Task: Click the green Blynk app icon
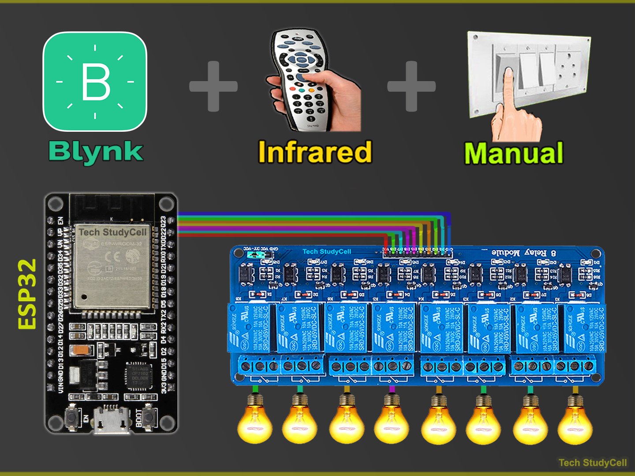[x=95, y=82]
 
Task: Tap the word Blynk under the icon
[x=96, y=152]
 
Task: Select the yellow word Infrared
[x=315, y=152]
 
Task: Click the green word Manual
[x=514, y=153]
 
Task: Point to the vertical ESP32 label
[x=27, y=294]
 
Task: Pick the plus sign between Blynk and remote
[x=213, y=86]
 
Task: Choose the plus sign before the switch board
[x=411, y=86]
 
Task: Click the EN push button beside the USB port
[x=71, y=417]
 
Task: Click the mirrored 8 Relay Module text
[x=523, y=253]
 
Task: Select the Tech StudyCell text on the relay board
[x=326, y=252]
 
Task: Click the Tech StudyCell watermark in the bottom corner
[x=592, y=462]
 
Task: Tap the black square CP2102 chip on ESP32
[x=139, y=376]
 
